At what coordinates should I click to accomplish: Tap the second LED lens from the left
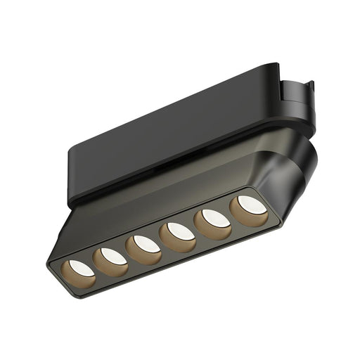coord(111,257)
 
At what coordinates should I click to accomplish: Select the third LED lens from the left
coord(144,244)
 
